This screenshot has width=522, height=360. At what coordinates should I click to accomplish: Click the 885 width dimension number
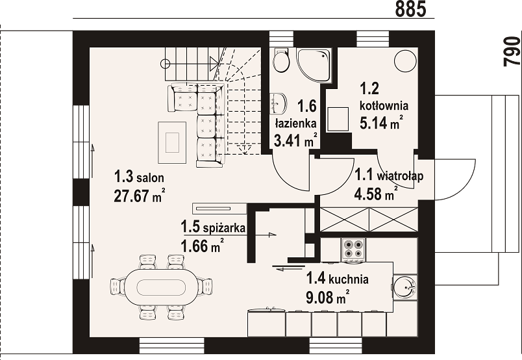pyautogui.click(x=410, y=8)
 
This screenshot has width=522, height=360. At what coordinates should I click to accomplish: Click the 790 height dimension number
pyautogui.click(x=512, y=51)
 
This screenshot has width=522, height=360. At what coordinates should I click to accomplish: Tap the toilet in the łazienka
pyautogui.click(x=280, y=60)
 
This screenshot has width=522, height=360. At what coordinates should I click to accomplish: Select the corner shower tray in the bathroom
pyautogui.click(x=314, y=66)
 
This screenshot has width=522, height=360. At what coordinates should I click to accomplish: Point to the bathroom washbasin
pyautogui.click(x=279, y=103)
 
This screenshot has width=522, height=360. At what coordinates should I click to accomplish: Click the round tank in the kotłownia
pyautogui.click(x=405, y=60)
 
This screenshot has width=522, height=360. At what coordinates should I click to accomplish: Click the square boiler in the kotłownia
pyautogui.click(x=338, y=119)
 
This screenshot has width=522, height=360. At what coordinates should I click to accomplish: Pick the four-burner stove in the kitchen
pyautogui.click(x=353, y=250)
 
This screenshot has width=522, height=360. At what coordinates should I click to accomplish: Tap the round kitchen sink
pyautogui.click(x=404, y=287)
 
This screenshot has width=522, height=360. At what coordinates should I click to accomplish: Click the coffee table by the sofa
pyautogui.click(x=172, y=143)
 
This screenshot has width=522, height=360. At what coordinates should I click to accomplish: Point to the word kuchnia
pyautogui.click(x=348, y=279)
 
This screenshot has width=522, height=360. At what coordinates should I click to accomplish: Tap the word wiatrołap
pyautogui.click(x=400, y=175)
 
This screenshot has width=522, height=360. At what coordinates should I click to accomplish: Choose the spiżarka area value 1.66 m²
pyautogui.click(x=202, y=246)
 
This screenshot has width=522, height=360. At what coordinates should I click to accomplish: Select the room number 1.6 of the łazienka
pyautogui.click(x=306, y=106)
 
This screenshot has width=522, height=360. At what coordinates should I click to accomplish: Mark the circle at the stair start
pyautogui.click(x=165, y=63)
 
